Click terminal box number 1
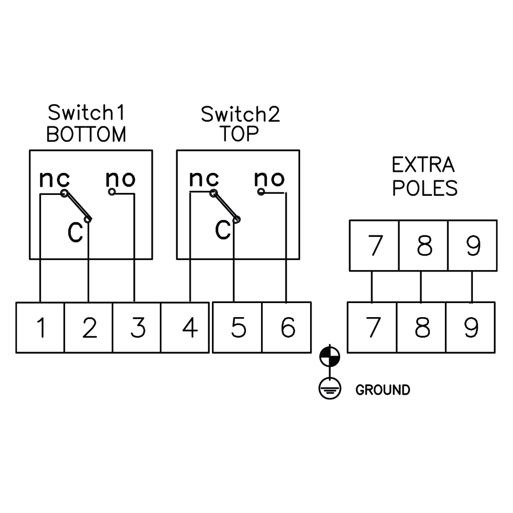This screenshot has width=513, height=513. pyautogui.click(x=40, y=328)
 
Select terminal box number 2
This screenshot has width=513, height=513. pyautogui.click(x=89, y=328)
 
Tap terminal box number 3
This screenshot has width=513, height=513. pyautogui.click(x=137, y=328)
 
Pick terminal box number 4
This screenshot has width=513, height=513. pyautogui.click(x=185, y=328)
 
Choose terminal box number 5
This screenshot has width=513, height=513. pyautogui.click(x=237, y=328)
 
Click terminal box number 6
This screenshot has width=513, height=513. pyautogui.click(x=287, y=328)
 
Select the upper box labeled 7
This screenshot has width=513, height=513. pyautogui.click(x=374, y=245)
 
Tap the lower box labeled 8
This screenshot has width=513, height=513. pyautogui.click(x=422, y=328)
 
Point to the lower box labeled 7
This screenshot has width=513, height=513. pyautogui.click(x=372, y=328)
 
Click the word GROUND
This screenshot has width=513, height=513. pyautogui.click(x=382, y=390)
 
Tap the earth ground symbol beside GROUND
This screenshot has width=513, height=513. pyautogui.click(x=330, y=389)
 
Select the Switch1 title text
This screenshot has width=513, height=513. pyautogui.click(x=86, y=113)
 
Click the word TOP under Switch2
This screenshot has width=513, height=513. pyautogui.click(x=241, y=134)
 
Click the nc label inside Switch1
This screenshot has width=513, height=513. pyautogui.click(x=54, y=179)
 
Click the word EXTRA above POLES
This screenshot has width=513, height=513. pyautogui.click(x=423, y=165)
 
